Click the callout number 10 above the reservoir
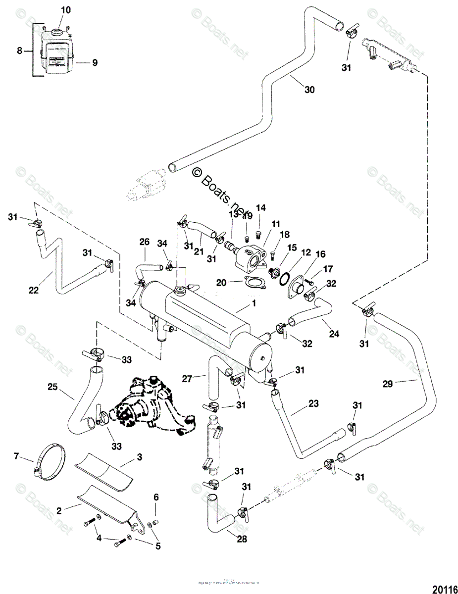pos(66,10)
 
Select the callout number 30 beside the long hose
pos(309,90)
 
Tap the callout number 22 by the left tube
pos(33,291)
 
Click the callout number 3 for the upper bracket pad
pos(140,457)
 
